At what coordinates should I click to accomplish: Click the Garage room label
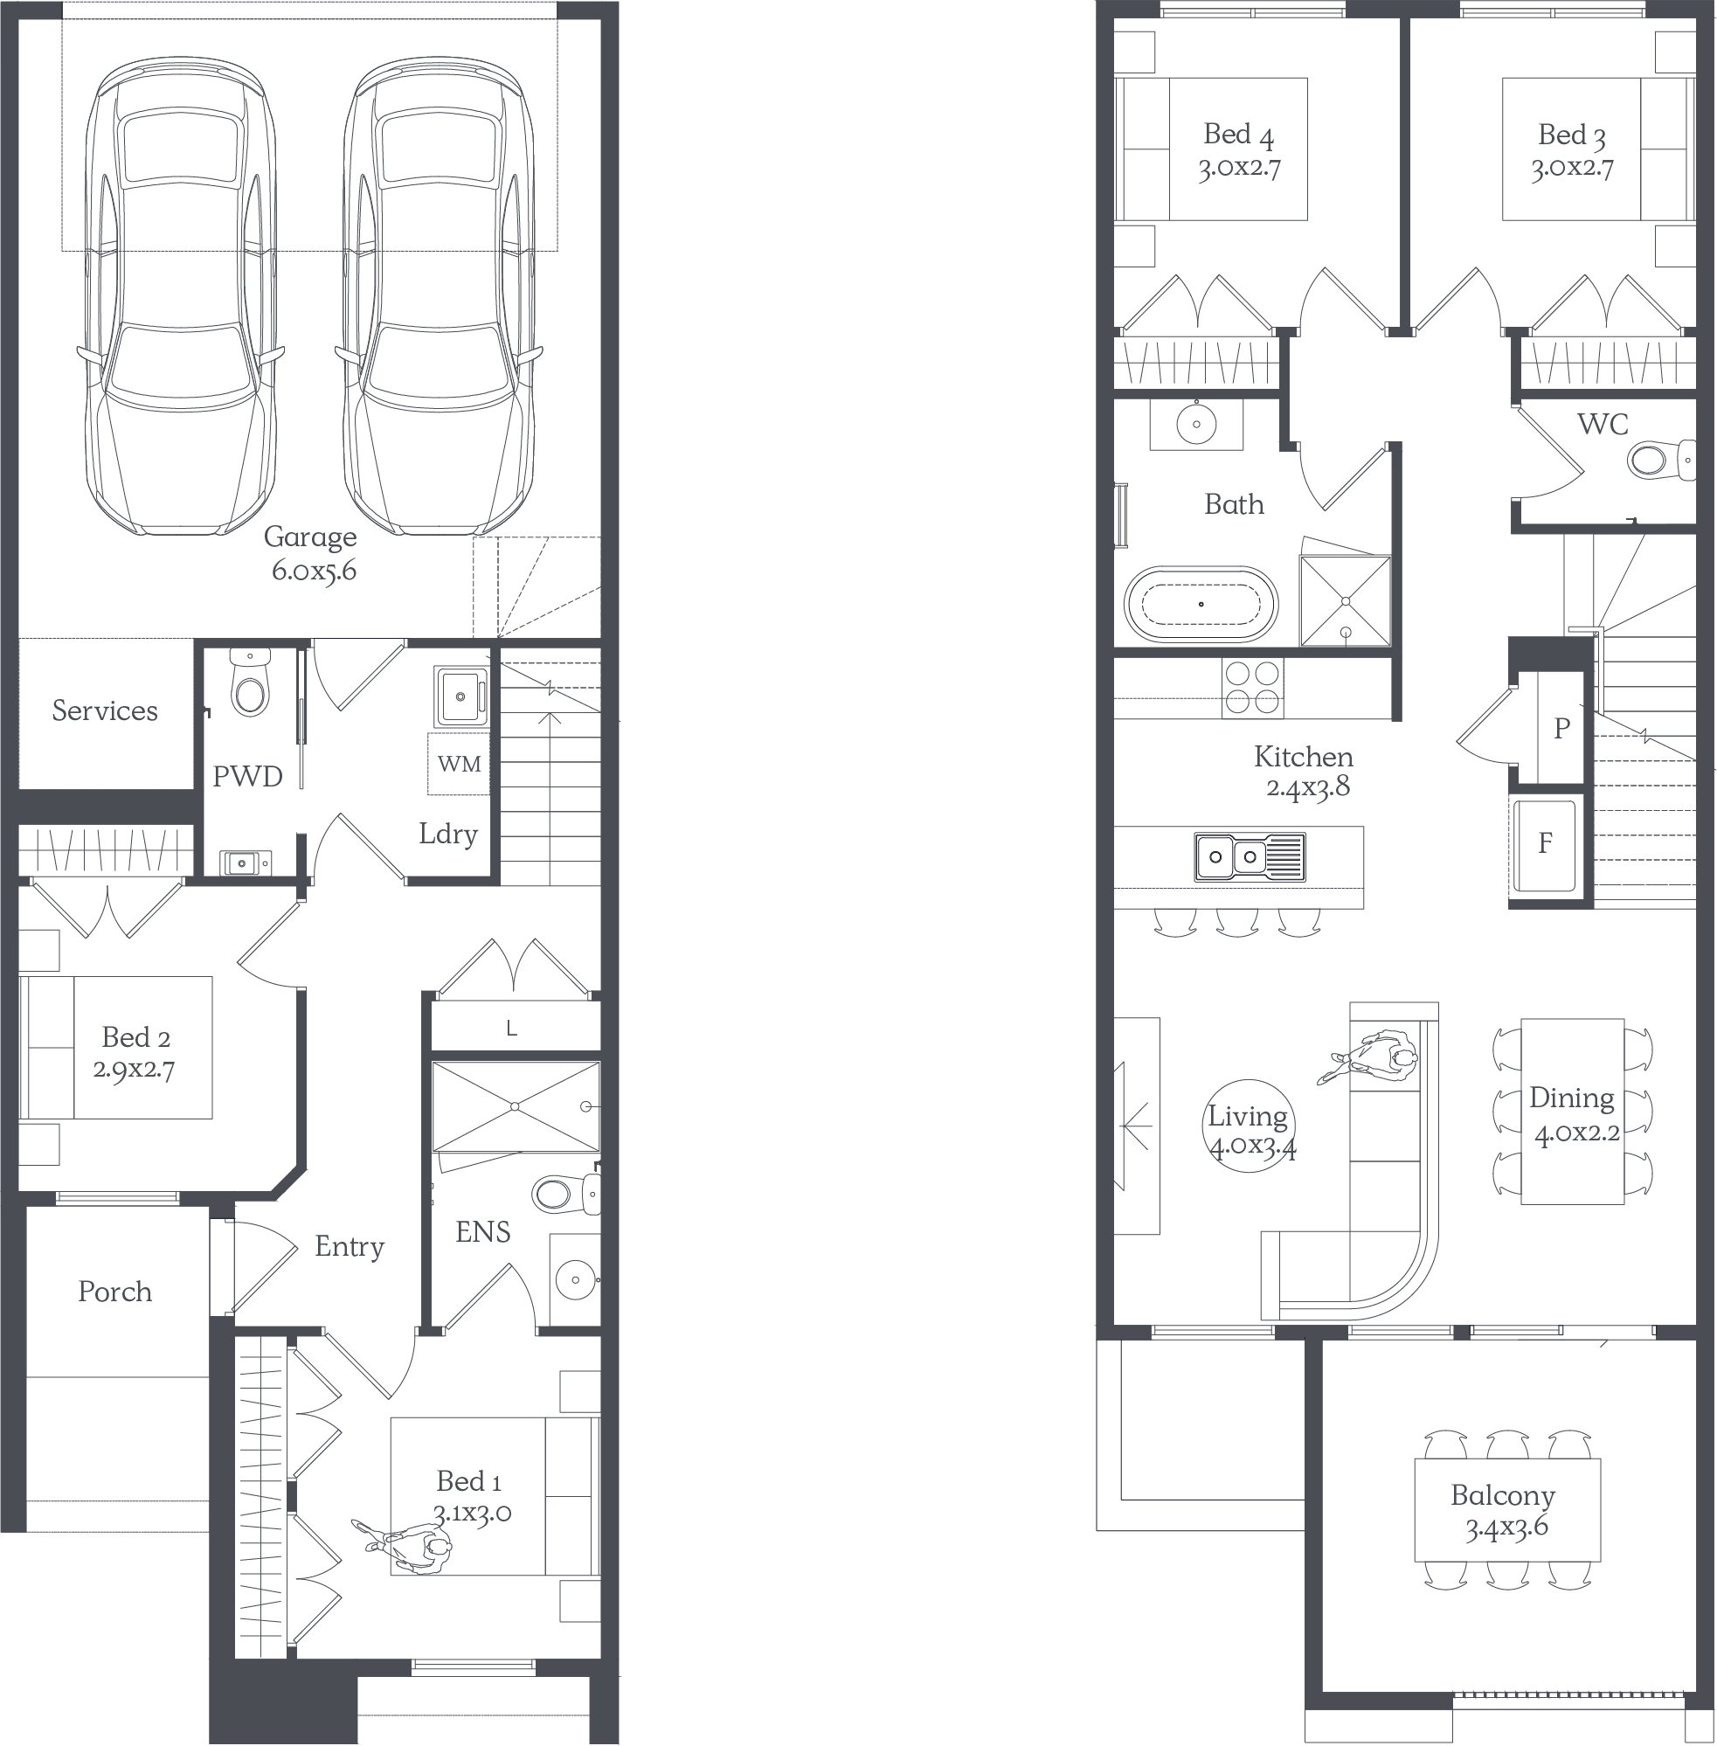pos(310,537)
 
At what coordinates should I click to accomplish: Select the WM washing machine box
pos(459,764)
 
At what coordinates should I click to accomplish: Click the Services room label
pos(105,710)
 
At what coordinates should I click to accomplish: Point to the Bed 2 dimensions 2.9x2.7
pos(135,1070)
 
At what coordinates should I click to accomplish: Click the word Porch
pos(114,1292)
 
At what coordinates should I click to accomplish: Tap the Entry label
pos(350,1247)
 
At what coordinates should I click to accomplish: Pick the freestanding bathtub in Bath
pos(1201,603)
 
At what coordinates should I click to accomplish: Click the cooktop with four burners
pos(1253,688)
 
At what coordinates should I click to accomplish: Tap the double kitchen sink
pos(1250,856)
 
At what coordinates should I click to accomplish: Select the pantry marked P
pos(1561,728)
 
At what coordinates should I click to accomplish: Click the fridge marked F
pos(1545,844)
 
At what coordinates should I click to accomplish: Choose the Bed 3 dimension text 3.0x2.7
pos(1572,169)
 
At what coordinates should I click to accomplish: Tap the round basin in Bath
pos(1197,424)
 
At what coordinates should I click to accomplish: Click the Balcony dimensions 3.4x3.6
pos(1506,1528)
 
